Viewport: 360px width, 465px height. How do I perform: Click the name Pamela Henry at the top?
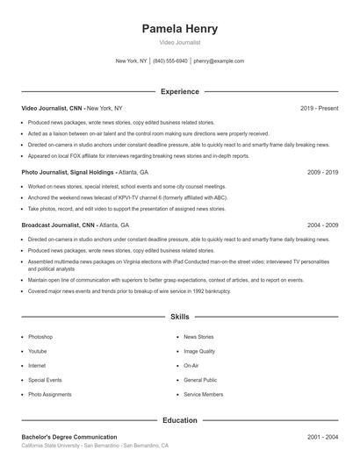(x=179, y=29)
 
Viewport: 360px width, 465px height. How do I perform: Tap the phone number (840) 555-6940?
(x=170, y=61)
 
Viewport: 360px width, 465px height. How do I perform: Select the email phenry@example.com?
(x=219, y=61)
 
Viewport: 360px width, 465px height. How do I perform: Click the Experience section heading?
(x=179, y=91)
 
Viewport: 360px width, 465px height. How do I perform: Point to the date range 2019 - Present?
(x=319, y=108)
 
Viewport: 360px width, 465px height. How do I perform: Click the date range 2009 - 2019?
(x=322, y=173)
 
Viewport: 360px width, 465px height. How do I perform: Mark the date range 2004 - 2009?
(x=322, y=225)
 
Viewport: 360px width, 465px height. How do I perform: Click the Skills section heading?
(x=179, y=317)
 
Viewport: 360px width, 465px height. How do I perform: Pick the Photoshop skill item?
(x=40, y=337)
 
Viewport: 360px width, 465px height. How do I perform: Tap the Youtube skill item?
(x=38, y=351)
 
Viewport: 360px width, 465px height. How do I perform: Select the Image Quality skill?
(x=198, y=351)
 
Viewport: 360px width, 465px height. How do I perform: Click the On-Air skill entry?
(x=191, y=366)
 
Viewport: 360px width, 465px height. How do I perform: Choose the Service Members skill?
(x=203, y=395)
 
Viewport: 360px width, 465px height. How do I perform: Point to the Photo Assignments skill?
(x=50, y=395)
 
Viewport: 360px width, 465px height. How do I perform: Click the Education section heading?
(x=179, y=420)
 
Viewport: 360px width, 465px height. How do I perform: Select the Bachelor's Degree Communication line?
(x=69, y=437)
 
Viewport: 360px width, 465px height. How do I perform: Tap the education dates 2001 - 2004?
(x=322, y=437)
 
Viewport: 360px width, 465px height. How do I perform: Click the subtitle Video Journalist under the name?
(x=179, y=42)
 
